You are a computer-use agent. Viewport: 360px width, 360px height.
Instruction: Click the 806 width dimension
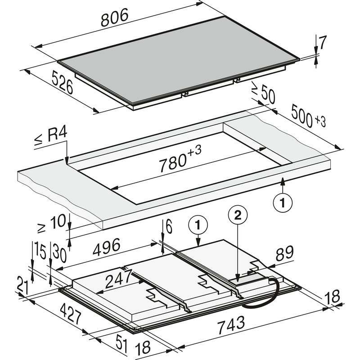point(114,18)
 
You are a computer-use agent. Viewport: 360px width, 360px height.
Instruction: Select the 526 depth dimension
point(62,82)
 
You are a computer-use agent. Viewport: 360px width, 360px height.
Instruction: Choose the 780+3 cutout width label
point(180,158)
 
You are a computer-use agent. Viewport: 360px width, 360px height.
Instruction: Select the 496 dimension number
point(106,247)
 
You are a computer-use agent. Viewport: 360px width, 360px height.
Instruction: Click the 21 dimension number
point(23,285)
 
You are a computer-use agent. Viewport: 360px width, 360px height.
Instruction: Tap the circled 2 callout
point(238,216)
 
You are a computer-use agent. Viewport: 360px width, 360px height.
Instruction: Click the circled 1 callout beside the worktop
point(283,202)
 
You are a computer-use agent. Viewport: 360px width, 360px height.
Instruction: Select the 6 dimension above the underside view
point(169,227)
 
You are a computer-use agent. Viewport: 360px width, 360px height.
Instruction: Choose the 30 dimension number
point(60,252)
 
